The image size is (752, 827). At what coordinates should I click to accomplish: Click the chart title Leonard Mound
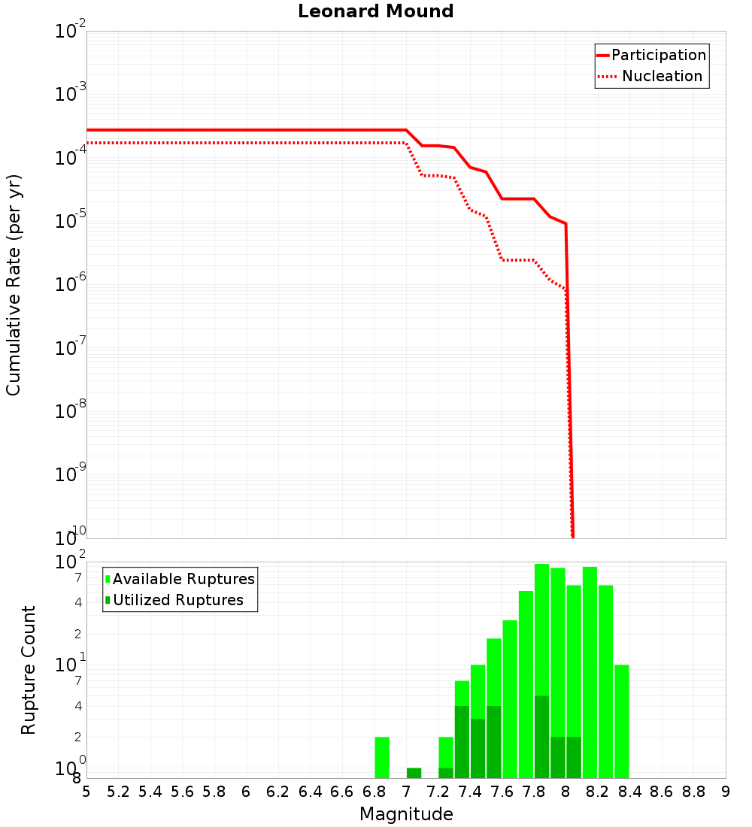click(375, 12)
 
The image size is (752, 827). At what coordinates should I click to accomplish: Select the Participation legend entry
click(658, 55)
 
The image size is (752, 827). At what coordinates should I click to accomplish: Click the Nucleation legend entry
click(661, 77)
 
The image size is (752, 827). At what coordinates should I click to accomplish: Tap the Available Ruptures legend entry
click(183, 579)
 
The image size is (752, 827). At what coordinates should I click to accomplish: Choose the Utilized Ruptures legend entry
click(177, 600)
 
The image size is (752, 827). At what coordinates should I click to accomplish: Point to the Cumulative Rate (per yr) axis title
click(14, 285)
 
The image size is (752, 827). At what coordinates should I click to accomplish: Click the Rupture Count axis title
click(29, 670)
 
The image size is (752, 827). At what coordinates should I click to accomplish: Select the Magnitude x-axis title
click(406, 813)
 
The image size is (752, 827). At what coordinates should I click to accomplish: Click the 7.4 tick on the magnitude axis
click(470, 792)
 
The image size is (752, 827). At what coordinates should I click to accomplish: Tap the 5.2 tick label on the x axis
click(118, 792)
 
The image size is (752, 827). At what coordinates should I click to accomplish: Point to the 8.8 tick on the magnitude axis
click(693, 792)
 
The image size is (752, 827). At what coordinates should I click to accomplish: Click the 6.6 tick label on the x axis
click(342, 792)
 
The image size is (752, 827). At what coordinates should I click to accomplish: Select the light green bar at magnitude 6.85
click(382, 757)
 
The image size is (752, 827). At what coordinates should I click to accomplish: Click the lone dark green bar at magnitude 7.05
click(414, 773)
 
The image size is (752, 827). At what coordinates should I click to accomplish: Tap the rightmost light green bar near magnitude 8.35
click(621, 721)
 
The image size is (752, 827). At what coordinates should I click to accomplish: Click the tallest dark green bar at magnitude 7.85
click(541, 737)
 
